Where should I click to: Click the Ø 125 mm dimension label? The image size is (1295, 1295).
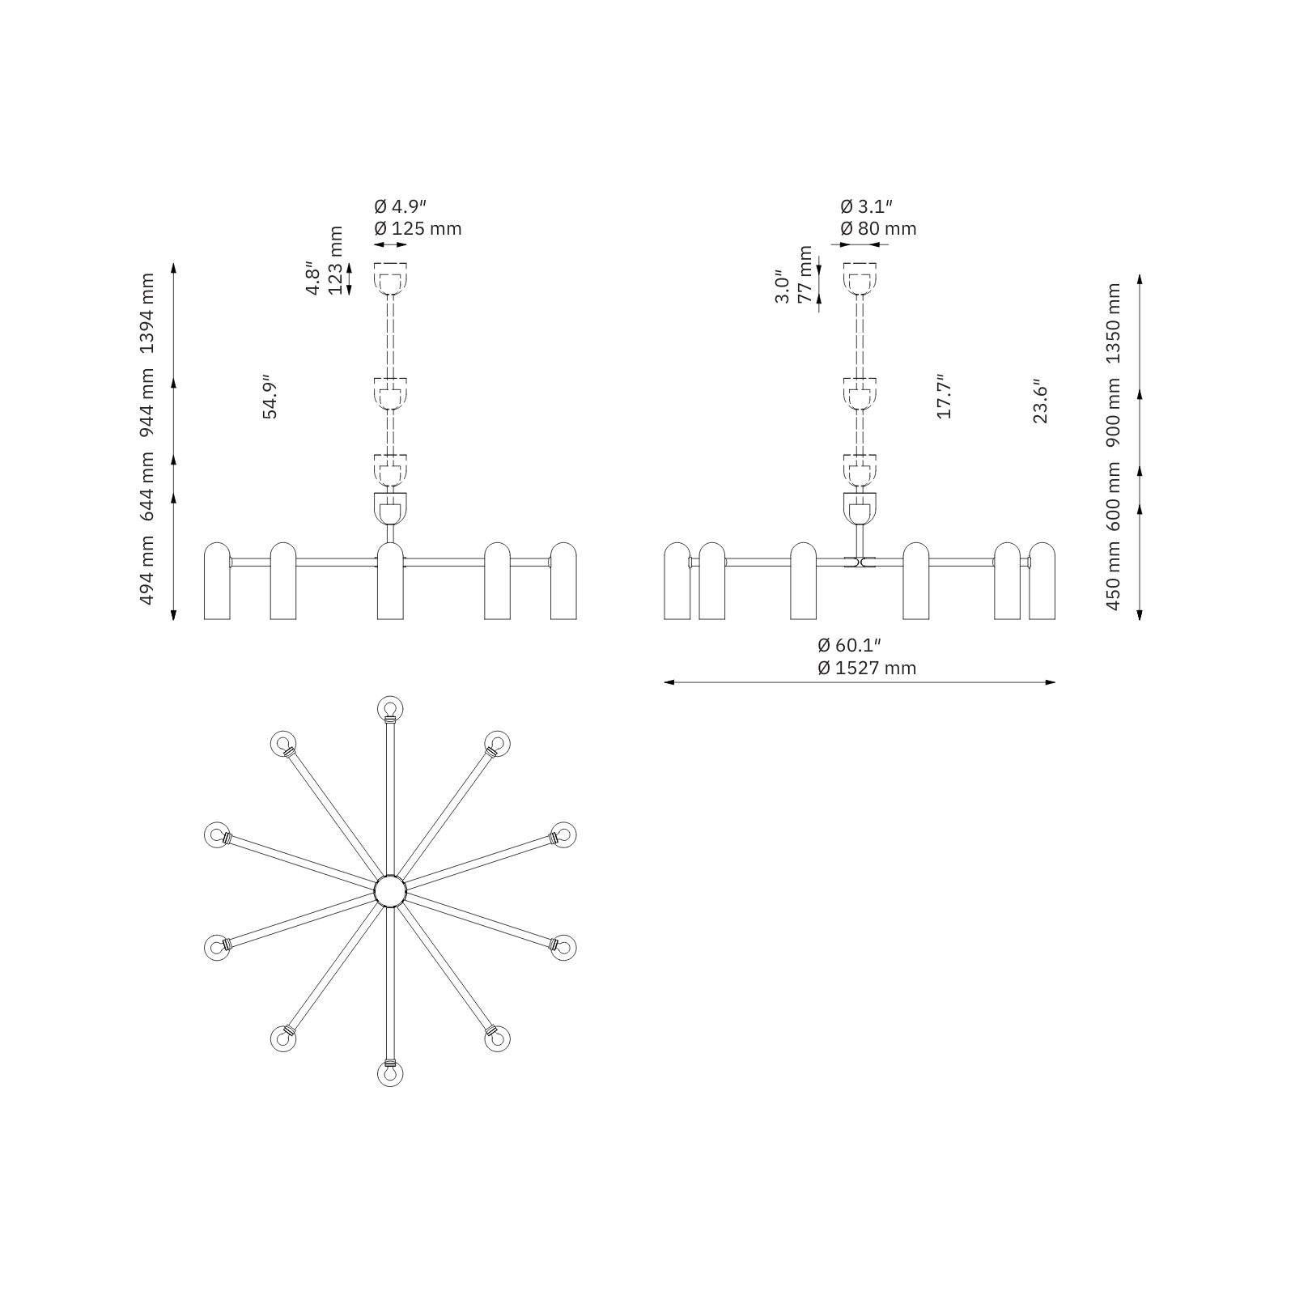point(418,228)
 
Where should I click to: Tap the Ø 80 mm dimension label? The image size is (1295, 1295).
point(878,228)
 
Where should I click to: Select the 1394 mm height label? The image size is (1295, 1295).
point(146,314)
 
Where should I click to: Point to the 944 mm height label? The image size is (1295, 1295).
point(146,403)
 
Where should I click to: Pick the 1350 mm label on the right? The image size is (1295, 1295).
point(1113,324)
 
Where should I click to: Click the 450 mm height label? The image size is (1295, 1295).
point(1113,575)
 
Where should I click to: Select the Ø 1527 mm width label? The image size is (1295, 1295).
point(867,668)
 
